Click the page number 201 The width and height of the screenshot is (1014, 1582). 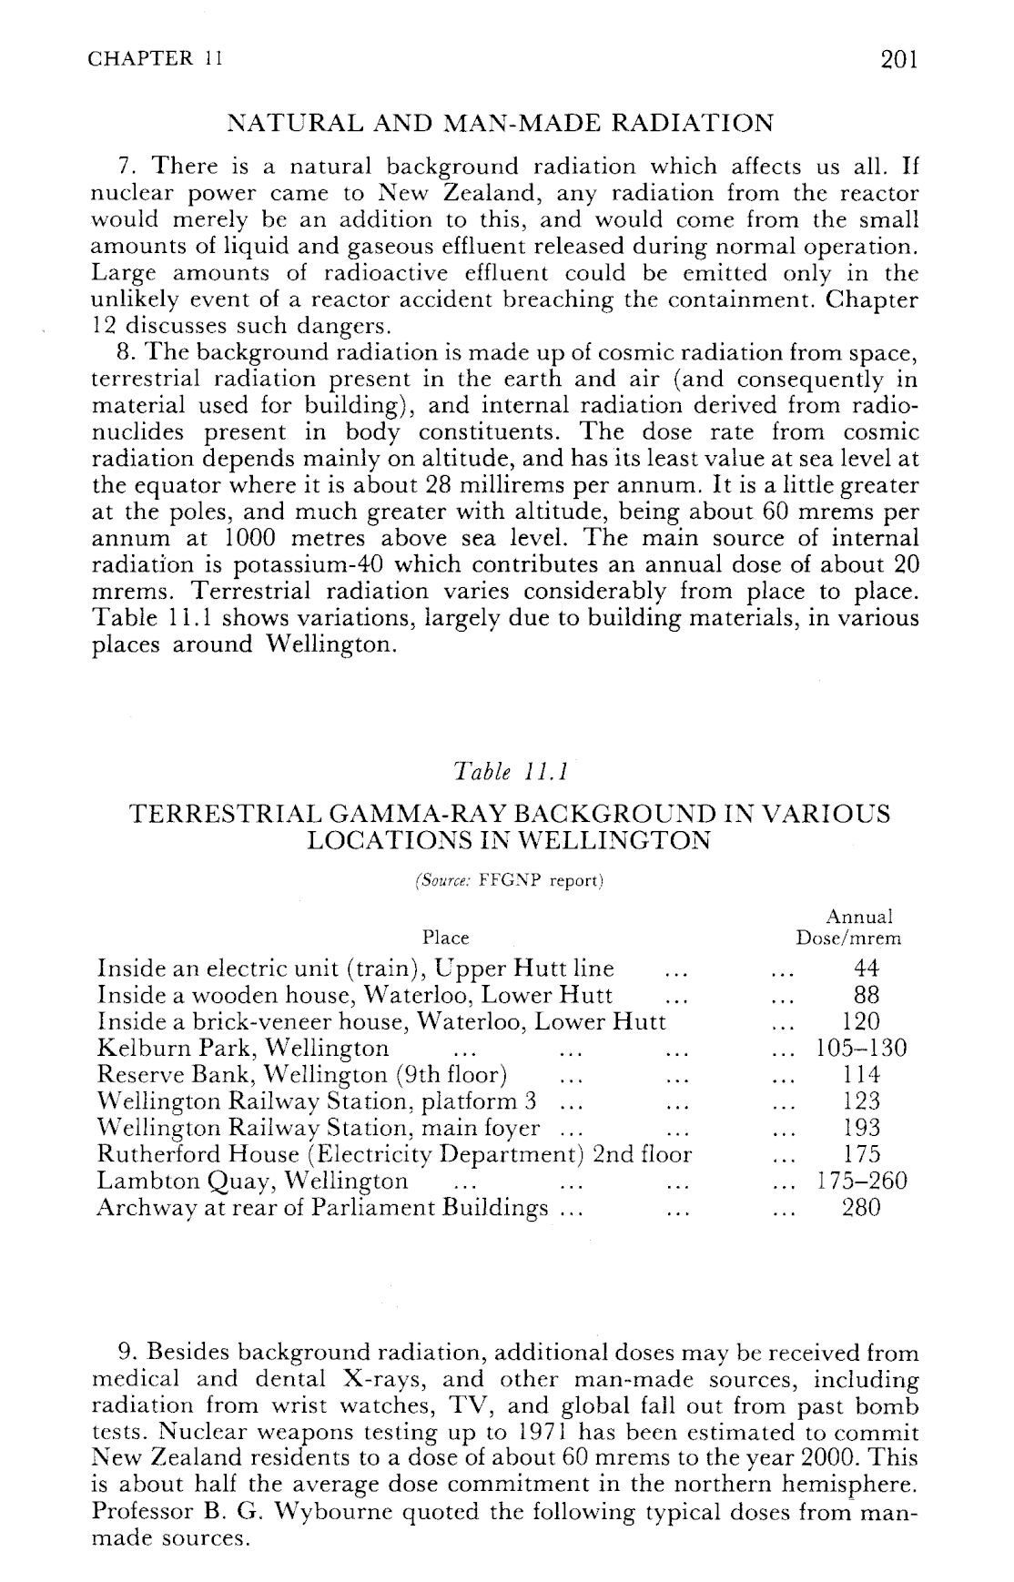point(899,59)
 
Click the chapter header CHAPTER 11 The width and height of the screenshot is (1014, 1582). point(156,59)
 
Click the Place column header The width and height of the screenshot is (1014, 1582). point(446,938)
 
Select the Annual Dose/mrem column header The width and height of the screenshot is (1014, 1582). point(848,927)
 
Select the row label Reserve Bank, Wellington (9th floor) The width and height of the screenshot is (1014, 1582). point(302,1075)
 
